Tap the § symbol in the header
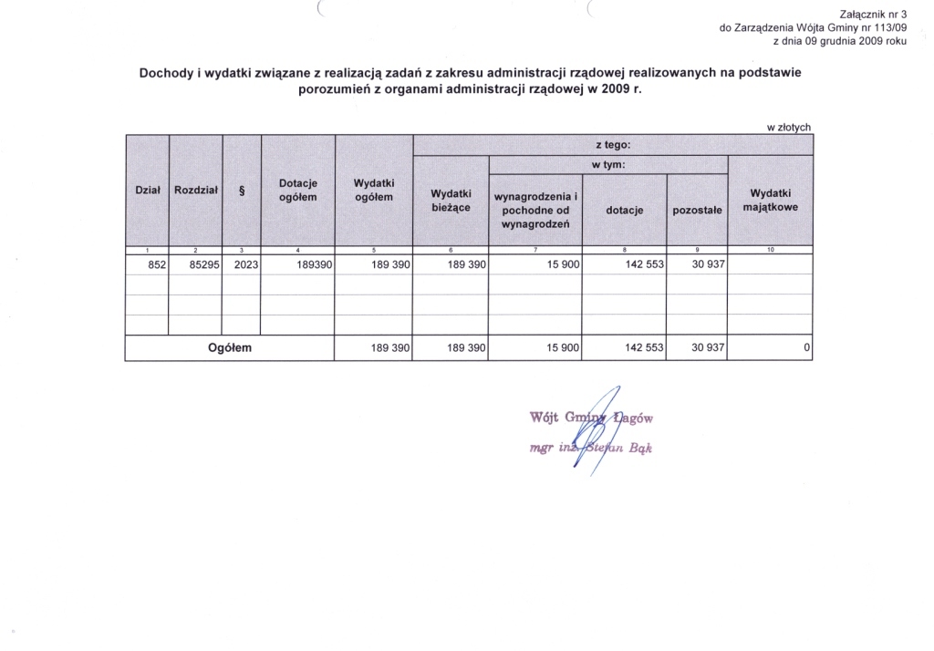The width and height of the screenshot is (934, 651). coord(242,191)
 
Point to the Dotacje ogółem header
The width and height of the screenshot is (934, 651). coord(298,191)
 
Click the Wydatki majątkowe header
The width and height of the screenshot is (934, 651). coord(771,201)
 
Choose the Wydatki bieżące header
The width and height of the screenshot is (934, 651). coord(451,201)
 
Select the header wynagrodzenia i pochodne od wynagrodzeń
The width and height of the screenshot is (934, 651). coord(535,211)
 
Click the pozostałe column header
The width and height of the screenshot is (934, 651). coord(697,211)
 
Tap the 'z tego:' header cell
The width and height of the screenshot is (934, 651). coord(613,144)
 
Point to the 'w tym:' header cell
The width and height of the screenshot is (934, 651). coord(608,165)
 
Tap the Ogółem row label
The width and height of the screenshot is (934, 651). coord(230,348)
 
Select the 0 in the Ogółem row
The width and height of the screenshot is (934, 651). coord(807,348)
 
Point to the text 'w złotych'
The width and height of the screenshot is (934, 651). coord(789,128)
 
